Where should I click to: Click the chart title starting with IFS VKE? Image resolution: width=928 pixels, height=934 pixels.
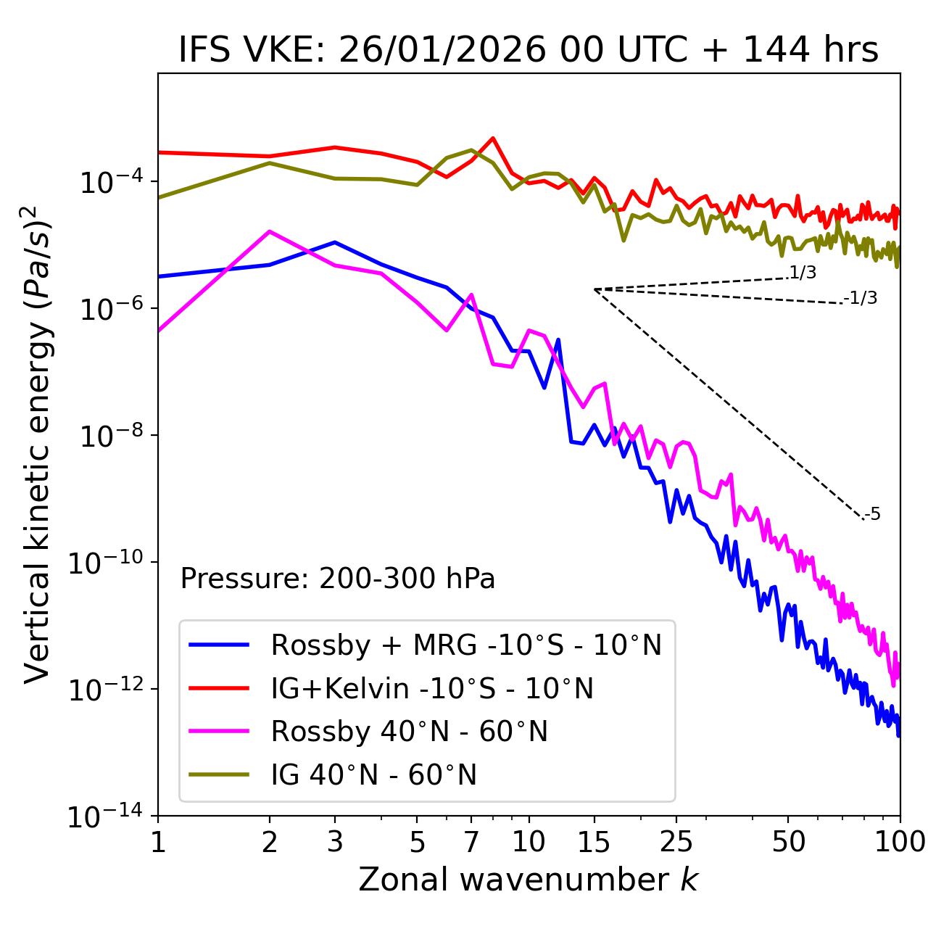529,51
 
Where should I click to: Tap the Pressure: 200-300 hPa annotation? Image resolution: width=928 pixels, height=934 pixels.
338,579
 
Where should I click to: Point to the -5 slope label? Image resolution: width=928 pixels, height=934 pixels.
873,515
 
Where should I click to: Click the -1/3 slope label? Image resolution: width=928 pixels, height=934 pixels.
861,298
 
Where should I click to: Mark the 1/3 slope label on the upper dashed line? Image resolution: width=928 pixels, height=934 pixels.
803,273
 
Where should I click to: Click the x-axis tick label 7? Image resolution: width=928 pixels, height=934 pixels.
471,843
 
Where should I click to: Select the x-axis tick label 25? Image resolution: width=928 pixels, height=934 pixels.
676,843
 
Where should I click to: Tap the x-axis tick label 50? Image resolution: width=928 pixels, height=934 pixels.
788,843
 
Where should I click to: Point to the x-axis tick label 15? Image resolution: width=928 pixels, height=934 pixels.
594,843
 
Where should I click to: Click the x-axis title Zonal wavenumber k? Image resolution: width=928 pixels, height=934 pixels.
529,880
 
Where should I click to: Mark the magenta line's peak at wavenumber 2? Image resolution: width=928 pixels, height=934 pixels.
270,231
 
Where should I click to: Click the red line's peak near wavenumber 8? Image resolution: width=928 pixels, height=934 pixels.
493,138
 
